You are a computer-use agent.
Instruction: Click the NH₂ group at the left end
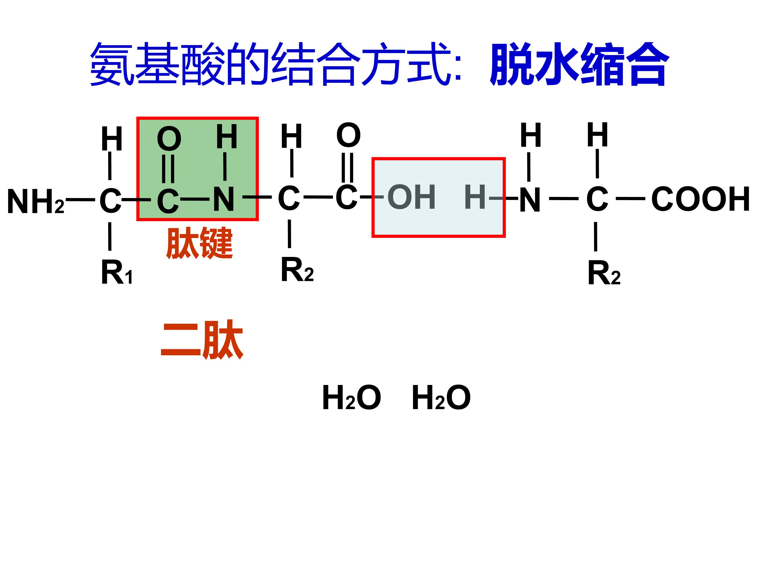(36, 202)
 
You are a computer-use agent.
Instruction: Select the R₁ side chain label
(117, 272)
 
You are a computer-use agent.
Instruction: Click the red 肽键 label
(200, 243)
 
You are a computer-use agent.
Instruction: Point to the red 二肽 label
(202, 339)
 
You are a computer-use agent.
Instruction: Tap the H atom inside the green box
(227, 136)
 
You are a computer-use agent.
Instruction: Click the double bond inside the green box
(168, 169)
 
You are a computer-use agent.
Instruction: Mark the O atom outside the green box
(348, 135)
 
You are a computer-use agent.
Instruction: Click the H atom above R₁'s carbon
(112, 139)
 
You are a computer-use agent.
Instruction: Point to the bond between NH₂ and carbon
(81, 199)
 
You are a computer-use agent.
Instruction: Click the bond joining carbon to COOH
(631, 199)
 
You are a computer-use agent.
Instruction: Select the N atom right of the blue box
(530, 200)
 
